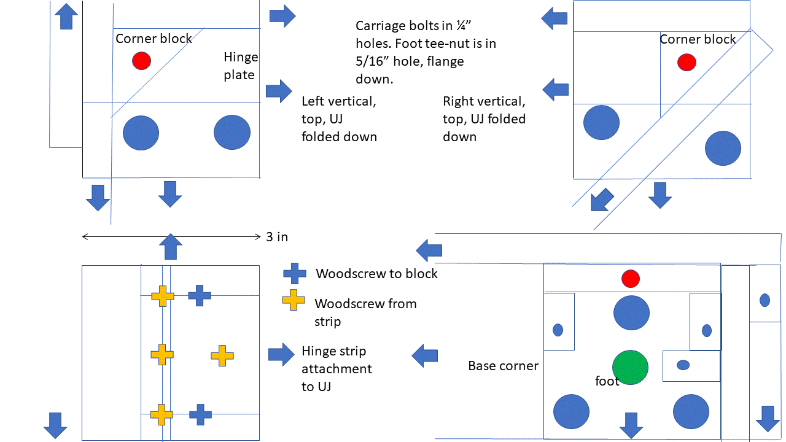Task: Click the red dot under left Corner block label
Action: pos(141,61)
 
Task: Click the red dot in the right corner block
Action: pos(687,63)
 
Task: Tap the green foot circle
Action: pos(631,366)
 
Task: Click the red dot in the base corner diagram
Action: pos(631,279)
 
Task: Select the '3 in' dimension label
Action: pos(277,237)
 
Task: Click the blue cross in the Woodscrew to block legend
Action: pos(294,274)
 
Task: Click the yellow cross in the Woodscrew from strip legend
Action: pos(294,300)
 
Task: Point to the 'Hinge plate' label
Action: pos(241,66)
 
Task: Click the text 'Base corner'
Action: pos(503,366)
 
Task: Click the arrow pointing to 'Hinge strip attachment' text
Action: pos(281,355)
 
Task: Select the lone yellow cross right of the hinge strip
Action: pos(222,355)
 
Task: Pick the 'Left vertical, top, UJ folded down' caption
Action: pos(339,118)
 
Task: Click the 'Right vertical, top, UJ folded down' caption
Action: pos(484,118)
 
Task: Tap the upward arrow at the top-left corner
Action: pos(67,15)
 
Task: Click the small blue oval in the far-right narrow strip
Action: pos(765,300)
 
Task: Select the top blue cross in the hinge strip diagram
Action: pos(200,295)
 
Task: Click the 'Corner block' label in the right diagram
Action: pos(698,39)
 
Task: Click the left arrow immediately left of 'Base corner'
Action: pos(425,355)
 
